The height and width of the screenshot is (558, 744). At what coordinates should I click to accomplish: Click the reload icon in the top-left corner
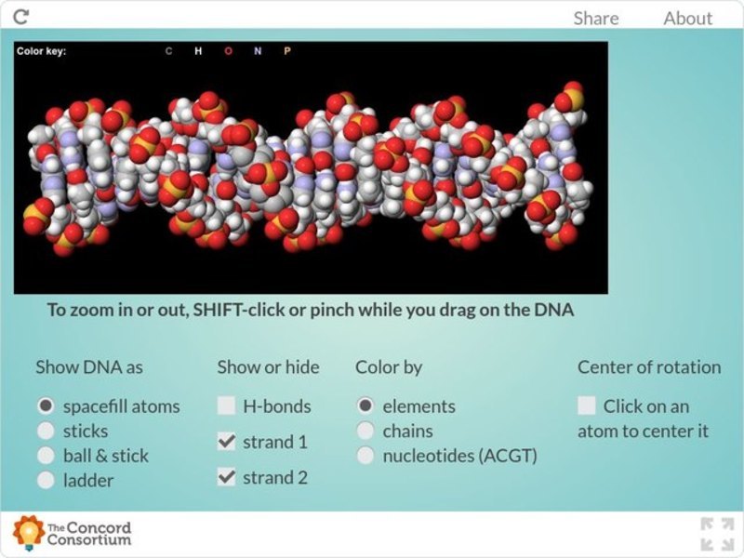pos(21,17)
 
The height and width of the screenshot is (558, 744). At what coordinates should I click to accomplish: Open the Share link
pos(595,19)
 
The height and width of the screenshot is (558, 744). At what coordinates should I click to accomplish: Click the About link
pos(687,19)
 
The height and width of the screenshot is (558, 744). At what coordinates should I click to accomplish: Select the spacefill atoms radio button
pos(46,406)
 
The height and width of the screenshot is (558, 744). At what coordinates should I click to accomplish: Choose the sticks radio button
pos(46,431)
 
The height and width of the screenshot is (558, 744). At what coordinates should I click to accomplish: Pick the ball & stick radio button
pos(46,456)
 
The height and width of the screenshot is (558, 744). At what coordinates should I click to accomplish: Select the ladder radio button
pos(46,480)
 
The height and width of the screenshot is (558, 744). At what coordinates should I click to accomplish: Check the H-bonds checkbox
pos(226,406)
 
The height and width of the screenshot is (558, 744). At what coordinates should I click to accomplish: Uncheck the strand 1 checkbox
pos(226,442)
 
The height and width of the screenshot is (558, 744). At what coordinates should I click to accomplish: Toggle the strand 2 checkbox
pos(226,477)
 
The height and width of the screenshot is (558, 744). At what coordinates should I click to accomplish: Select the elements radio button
pos(365,406)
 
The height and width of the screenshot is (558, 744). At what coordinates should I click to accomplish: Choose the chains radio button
pos(365,431)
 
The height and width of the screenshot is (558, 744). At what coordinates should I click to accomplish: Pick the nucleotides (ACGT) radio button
pos(365,456)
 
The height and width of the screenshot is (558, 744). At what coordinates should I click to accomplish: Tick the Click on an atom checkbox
pos(587,406)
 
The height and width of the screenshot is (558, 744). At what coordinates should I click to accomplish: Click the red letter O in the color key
pos(228,51)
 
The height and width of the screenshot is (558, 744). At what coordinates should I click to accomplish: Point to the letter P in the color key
pos(286,51)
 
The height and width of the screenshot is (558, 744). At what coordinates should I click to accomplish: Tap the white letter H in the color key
pos(197,51)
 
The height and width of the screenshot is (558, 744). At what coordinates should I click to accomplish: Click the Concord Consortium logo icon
pos(28,532)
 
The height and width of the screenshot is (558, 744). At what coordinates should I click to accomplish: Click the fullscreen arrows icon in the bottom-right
pos(717,534)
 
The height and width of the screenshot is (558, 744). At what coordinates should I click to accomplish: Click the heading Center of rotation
pos(648,367)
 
